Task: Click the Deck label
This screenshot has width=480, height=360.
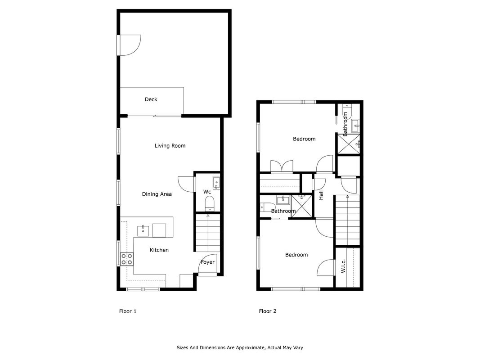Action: click(x=151, y=99)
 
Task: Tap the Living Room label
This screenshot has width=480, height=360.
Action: click(x=170, y=146)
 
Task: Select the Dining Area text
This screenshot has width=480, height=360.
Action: click(x=157, y=194)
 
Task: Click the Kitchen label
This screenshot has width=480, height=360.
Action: click(x=159, y=250)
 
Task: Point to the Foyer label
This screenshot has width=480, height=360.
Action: click(x=207, y=262)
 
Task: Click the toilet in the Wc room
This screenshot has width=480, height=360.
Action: click(x=210, y=203)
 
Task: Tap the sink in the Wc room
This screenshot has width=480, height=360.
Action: click(x=216, y=183)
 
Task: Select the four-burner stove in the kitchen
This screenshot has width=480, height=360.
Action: click(x=127, y=259)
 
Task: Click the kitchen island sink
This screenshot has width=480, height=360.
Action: click(x=143, y=230)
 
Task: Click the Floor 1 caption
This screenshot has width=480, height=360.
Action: click(x=128, y=311)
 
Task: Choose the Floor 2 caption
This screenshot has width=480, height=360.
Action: click(x=268, y=311)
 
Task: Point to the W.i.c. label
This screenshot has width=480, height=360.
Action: click(x=343, y=266)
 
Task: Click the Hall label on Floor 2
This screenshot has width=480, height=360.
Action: click(x=321, y=195)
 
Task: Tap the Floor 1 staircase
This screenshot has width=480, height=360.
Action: click(x=208, y=233)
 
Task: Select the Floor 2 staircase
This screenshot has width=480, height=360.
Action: click(x=347, y=220)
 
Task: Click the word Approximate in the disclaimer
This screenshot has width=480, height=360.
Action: click(x=252, y=348)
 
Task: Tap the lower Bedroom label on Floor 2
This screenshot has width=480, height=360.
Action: click(x=296, y=255)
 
